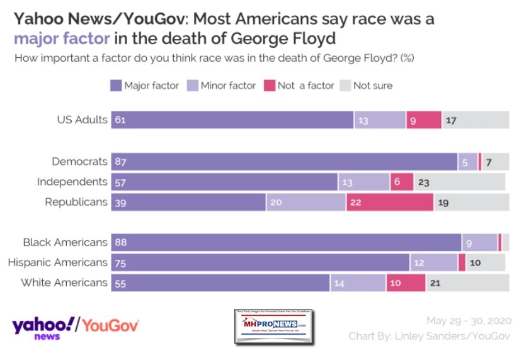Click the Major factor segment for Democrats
[284, 162]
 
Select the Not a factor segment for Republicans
[389, 203]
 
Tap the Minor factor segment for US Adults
[379, 120]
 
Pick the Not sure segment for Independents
[459, 182]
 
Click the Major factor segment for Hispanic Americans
[260, 262]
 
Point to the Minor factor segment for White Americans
[358, 283]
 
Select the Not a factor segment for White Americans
[406, 283]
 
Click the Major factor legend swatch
[115, 85]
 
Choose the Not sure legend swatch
[345, 85]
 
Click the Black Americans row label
[65, 242]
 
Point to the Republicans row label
[76, 202]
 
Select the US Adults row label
[82, 120]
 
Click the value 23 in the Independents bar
[423, 183]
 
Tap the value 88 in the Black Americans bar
[120, 243]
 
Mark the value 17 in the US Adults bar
[451, 120]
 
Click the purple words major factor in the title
[62, 39]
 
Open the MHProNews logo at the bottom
[273, 327]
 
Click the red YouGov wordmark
[111, 325]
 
